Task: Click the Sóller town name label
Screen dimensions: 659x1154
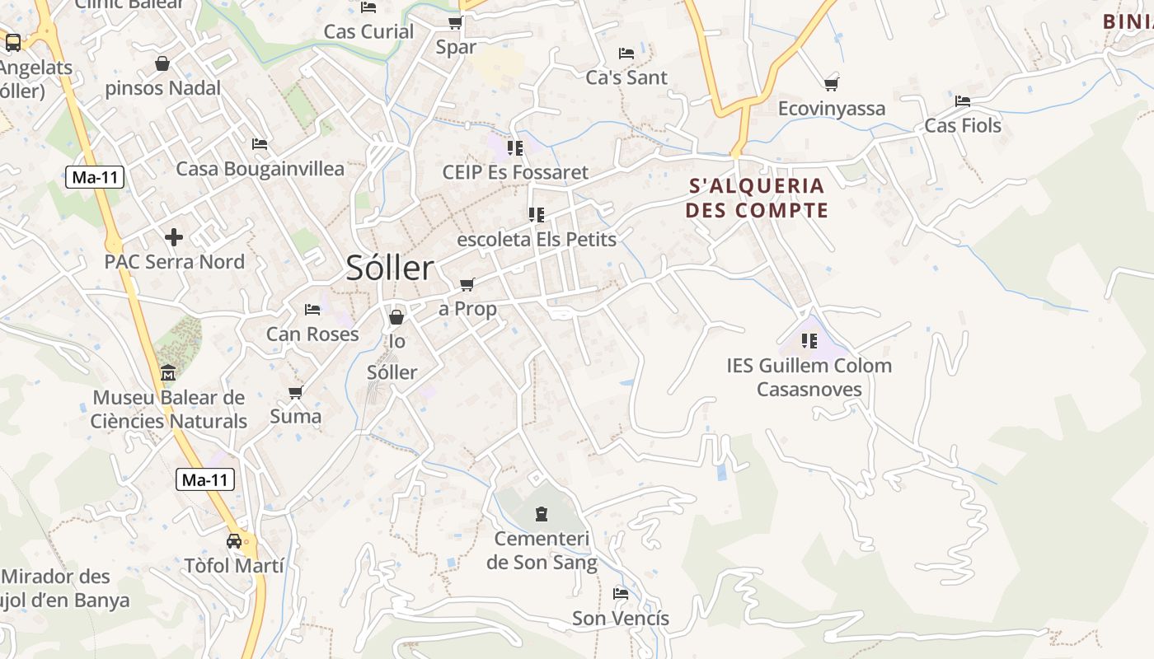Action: [389, 268]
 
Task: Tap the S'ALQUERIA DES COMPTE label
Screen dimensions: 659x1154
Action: [756, 198]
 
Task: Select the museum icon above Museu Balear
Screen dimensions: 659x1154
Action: [168, 372]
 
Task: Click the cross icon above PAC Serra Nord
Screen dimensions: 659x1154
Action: [174, 237]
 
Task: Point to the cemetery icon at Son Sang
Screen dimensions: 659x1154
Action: [542, 514]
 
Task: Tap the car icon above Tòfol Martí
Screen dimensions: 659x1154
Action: [234, 541]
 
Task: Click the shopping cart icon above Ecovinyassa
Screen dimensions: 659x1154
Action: [831, 84]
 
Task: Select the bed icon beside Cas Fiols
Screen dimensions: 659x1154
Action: [962, 101]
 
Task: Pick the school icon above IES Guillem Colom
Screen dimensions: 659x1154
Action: [809, 340]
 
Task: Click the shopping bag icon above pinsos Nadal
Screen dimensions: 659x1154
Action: [162, 63]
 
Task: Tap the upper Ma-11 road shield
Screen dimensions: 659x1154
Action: [95, 176]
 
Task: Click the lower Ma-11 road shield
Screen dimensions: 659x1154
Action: [205, 479]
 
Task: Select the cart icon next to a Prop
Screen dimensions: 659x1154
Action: [467, 285]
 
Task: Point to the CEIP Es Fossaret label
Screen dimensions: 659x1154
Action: [515, 172]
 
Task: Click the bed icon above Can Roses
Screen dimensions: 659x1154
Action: [312, 310]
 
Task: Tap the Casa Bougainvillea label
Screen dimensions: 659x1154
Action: [260, 169]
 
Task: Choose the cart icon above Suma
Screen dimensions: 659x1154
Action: [296, 392]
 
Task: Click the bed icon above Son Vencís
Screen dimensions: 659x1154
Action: [621, 593]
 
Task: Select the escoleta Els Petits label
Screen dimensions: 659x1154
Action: [536, 240]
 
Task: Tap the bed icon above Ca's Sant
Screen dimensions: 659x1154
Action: [626, 54]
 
